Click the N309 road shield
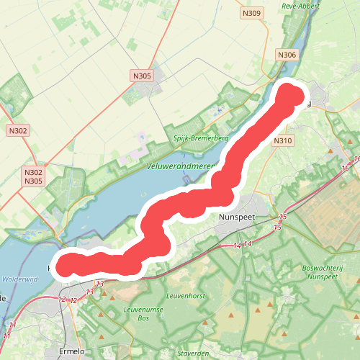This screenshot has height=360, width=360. (x=252, y=13)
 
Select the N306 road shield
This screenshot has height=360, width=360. (x=287, y=55)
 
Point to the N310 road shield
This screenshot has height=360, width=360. (x=283, y=141)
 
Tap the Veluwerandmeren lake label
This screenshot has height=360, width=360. (x=184, y=165)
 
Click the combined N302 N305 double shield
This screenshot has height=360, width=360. (x=33, y=177)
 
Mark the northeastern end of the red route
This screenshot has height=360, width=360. (x=290, y=96)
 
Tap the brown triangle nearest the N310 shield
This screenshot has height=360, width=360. (x=331, y=150)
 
